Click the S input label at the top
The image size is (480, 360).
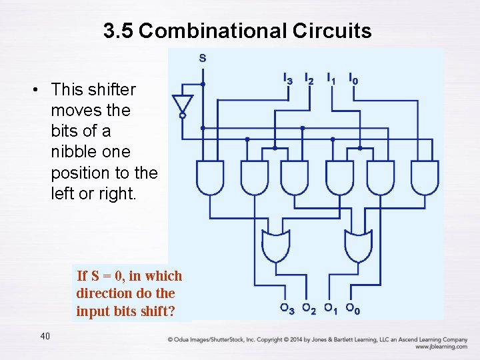[203, 58]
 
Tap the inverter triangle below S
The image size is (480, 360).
[182, 104]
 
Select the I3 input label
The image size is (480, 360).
[287, 79]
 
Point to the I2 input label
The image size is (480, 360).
[309, 79]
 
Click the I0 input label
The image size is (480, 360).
[353, 79]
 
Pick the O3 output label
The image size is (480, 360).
[287, 309]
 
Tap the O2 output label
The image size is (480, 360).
[309, 309]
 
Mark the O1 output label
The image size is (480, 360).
[330, 309]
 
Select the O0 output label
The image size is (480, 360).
[353, 309]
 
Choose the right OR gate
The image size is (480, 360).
[359, 246]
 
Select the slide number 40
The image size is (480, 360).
[45, 336]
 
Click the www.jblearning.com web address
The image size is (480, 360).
[441, 347]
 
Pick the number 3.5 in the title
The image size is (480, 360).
[119, 31]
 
